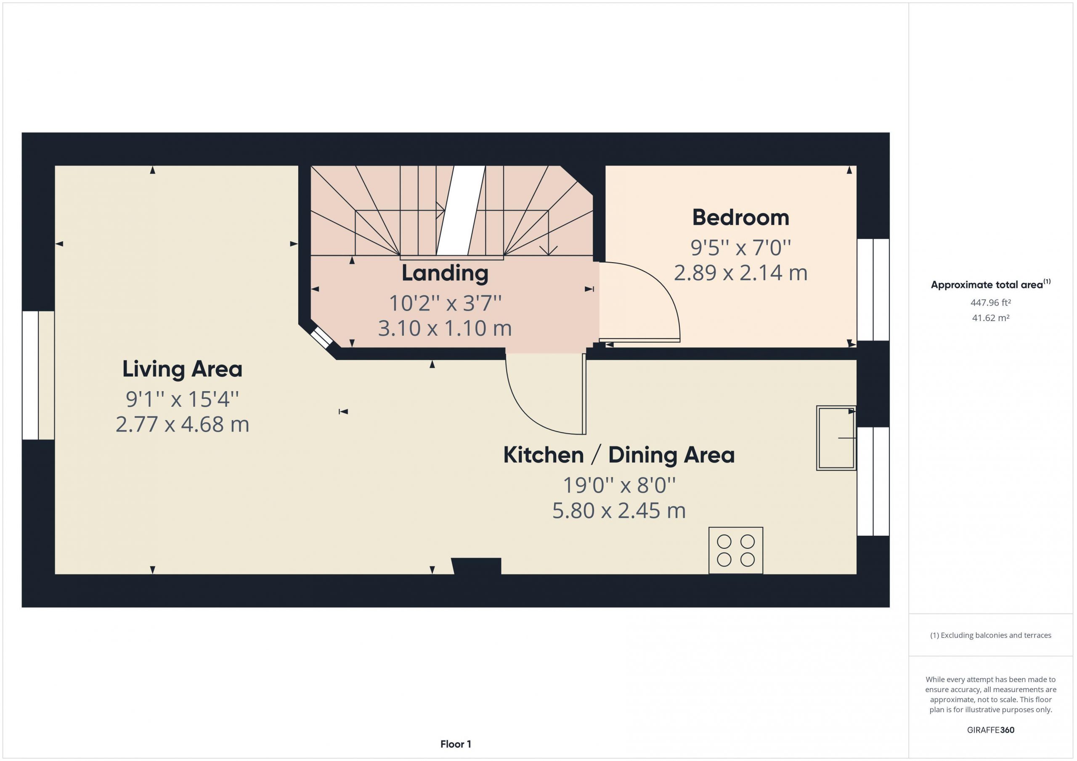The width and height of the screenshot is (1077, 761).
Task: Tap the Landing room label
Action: [445, 273]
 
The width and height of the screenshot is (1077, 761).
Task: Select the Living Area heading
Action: [183, 369]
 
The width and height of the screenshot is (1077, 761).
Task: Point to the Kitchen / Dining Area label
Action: [619, 455]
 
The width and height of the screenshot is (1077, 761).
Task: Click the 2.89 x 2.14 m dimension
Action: [741, 273]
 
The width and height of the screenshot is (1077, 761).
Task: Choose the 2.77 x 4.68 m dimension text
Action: [183, 424]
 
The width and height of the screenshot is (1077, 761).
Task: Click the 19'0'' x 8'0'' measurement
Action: [619, 485]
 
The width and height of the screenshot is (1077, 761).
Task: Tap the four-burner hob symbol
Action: [735, 550]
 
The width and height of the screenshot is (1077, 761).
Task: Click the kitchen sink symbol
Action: [836, 438]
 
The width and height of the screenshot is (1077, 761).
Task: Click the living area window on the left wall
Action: [38, 375]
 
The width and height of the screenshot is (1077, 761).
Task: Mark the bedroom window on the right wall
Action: [873, 290]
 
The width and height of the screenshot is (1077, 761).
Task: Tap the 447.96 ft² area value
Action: [990, 303]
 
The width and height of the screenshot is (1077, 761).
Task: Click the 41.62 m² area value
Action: [990, 318]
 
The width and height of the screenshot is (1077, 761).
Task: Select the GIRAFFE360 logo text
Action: [990, 729]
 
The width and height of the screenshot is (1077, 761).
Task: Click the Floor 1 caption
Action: [456, 744]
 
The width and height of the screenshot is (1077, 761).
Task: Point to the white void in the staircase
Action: [461, 211]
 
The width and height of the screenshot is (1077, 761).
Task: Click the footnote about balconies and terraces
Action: [991, 635]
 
